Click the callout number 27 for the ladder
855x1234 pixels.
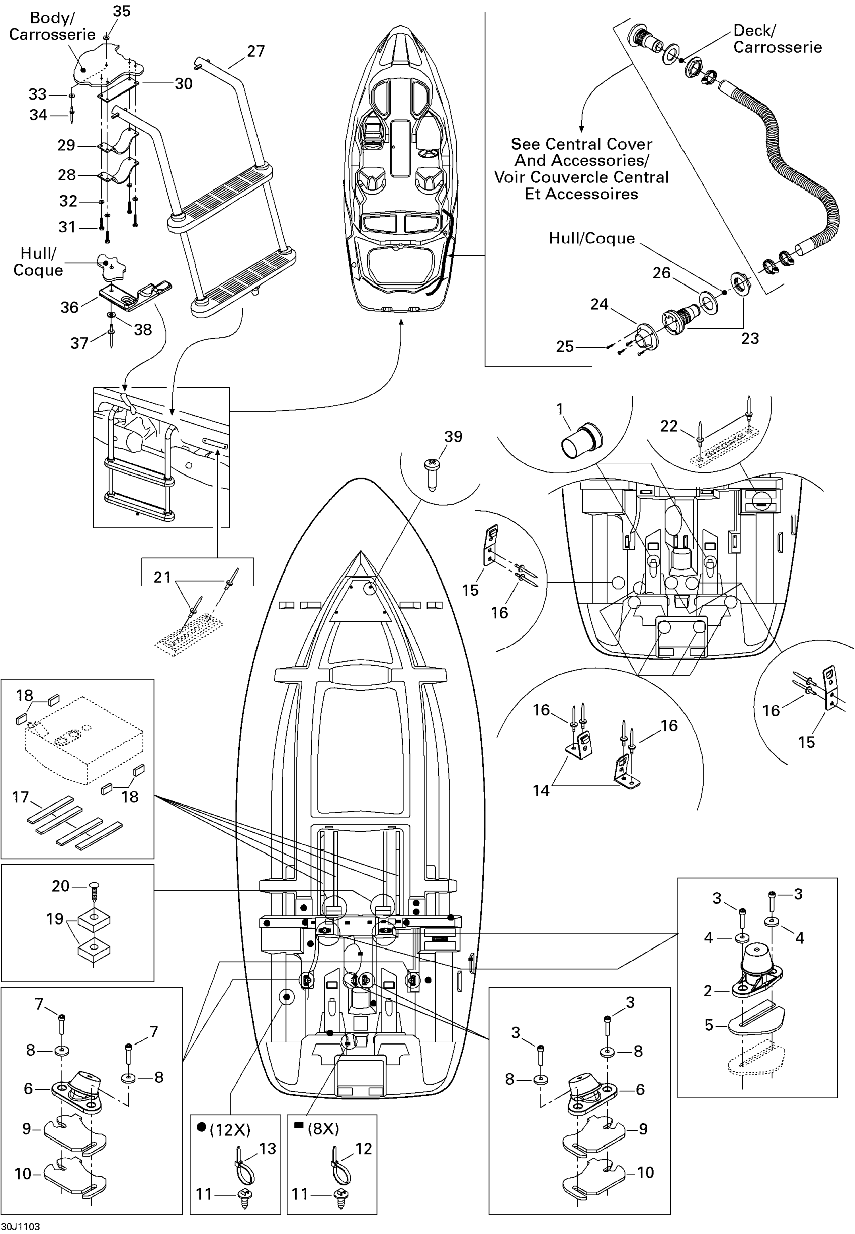coord(255,51)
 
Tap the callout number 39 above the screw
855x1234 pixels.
coord(453,437)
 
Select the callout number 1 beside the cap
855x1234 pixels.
coord(560,409)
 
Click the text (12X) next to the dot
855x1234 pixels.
coord(230,1130)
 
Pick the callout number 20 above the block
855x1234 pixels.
coord(60,886)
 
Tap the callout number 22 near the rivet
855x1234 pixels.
coord(669,426)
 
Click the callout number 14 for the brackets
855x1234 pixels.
coord(541,791)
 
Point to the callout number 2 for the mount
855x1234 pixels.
coord(708,976)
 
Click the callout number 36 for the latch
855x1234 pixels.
coord(69,307)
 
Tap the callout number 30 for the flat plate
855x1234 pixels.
coord(183,84)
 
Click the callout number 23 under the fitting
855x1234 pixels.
coord(750,338)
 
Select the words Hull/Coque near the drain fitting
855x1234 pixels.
coord(591,238)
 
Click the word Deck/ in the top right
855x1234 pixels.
coord(754,31)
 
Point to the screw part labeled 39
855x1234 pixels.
coord(431,474)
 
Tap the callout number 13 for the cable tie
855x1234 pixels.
coord(268,1149)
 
